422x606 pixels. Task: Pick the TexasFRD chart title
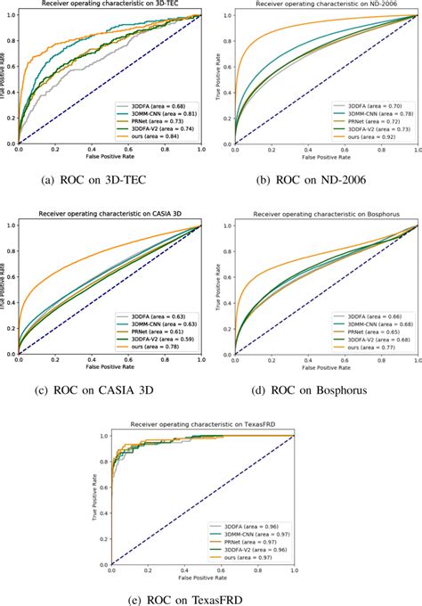212,424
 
